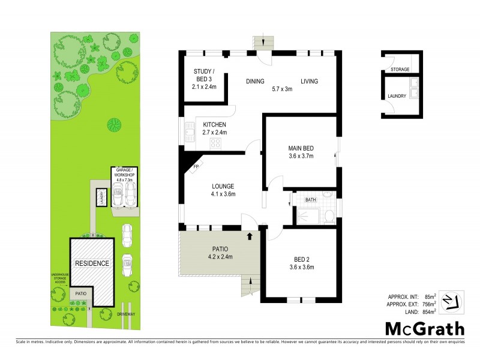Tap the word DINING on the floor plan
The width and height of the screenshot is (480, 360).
[x=255, y=82]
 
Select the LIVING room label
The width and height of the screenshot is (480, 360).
[x=309, y=82]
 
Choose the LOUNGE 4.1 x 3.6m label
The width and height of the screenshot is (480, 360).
[x=222, y=190]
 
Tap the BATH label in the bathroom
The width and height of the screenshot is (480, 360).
[x=310, y=199]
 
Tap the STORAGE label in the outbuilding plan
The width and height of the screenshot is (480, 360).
[x=400, y=70]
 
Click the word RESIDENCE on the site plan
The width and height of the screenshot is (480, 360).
[x=92, y=263]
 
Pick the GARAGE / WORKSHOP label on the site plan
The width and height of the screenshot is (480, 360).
[x=124, y=172]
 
